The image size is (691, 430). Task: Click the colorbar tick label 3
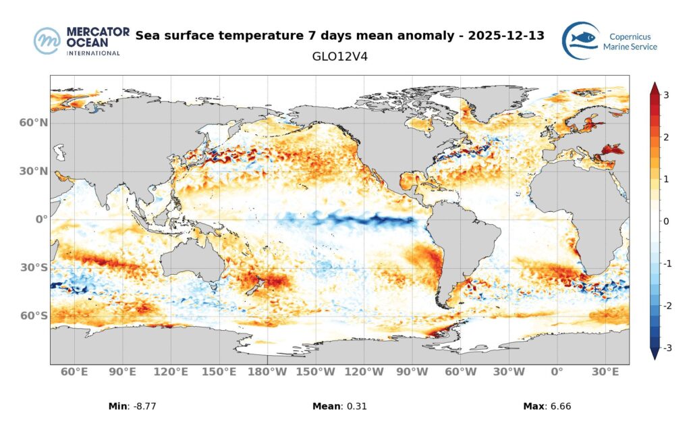(x=666, y=95)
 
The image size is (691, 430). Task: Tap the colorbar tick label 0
(x=666, y=221)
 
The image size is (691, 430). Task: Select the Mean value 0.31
(x=357, y=406)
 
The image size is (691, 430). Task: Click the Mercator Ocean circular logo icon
(x=47, y=41)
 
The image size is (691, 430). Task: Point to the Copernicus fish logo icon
(x=580, y=41)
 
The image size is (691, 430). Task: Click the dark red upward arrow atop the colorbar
(x=654, y=88)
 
